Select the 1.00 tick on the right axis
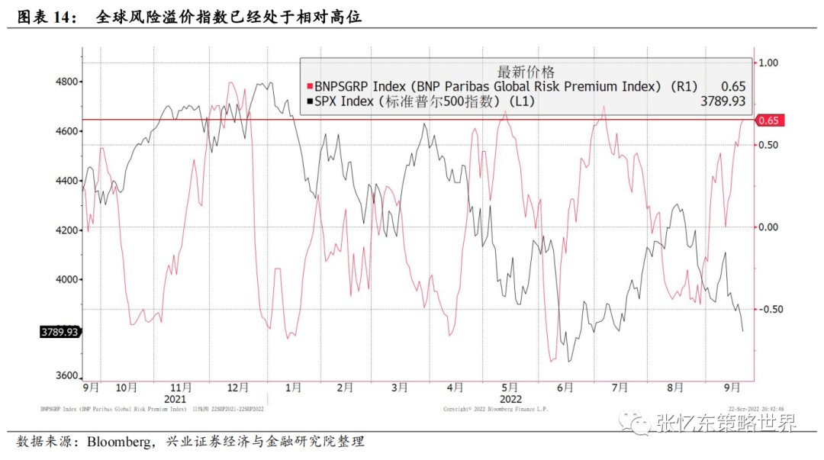(x=767, y=63)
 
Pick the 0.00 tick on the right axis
(x=767, y=227)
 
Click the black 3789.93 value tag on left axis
(x=60, y=332)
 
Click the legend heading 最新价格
(x=526, y=72)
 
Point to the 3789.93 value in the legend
(x=723, y=101)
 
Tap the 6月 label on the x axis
(x=565, y=388)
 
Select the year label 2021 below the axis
(x=175, y=398)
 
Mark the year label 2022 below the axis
(x=510, y=398)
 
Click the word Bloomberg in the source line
(x=121, y=442)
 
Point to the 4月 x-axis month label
(x=455, y=388)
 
